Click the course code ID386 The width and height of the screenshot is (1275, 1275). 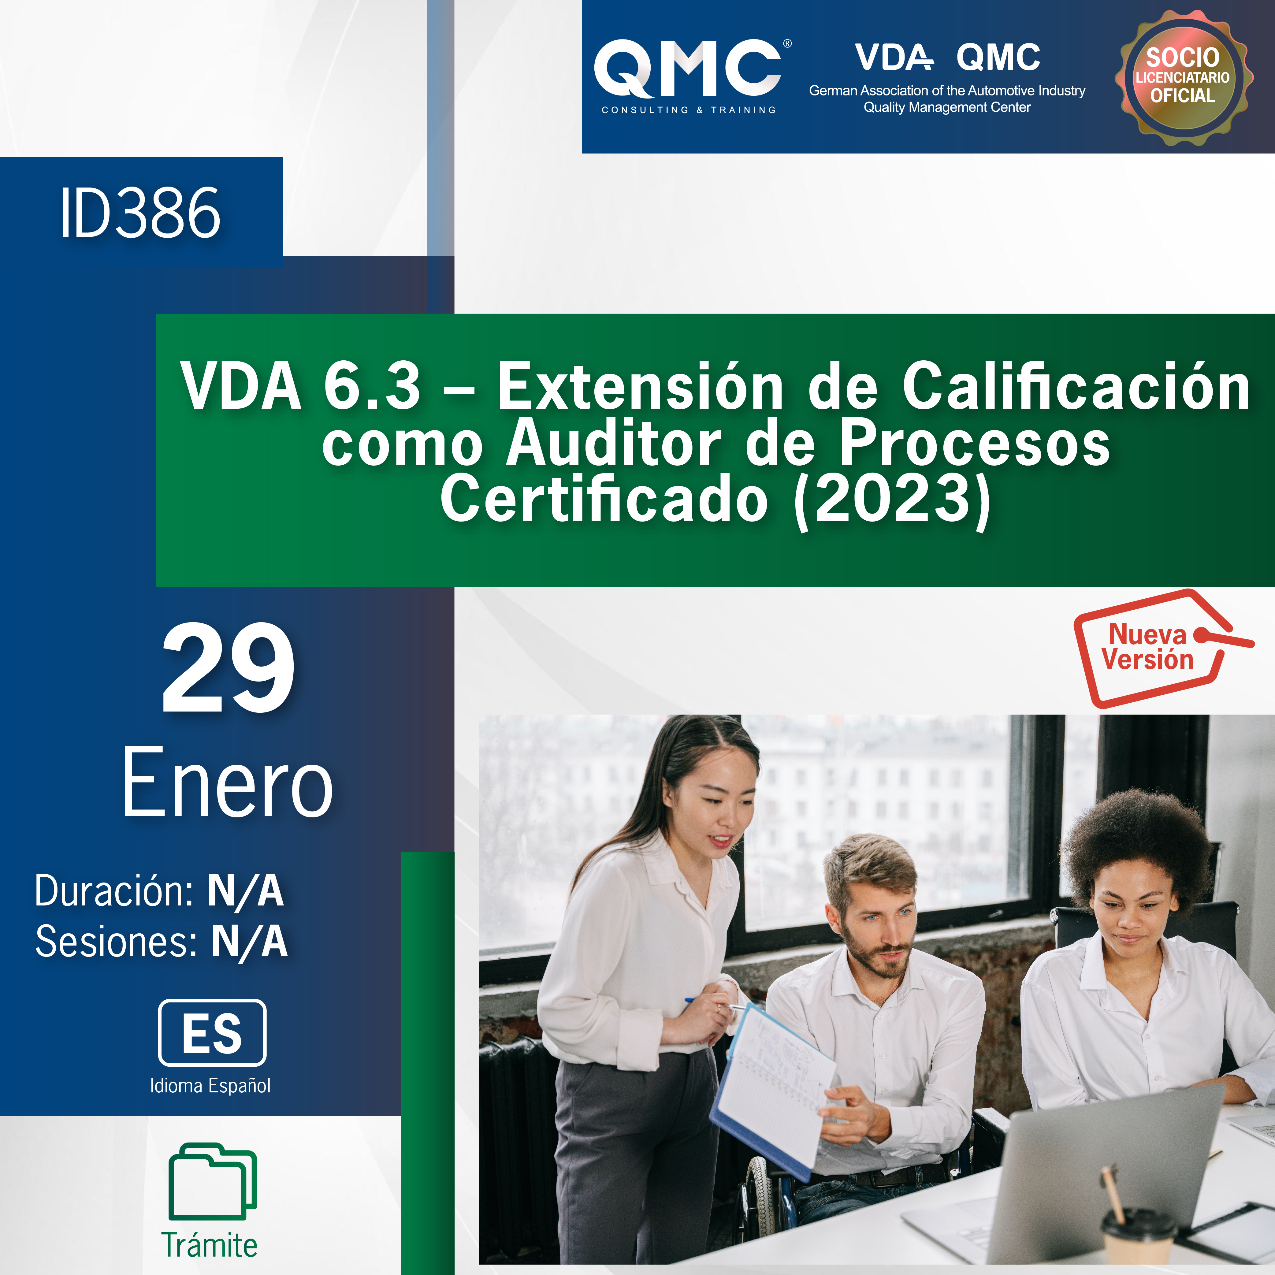pyautogui.click(x=140, y=213)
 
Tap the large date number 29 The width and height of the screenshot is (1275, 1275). pyautogui.click(x=228, y=668)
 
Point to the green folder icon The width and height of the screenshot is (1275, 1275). pyautogui.click(x=213, y=1181)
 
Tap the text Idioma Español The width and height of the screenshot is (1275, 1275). pyautogui.click(x=210, y=1086)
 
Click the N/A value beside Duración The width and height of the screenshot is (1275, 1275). pyautogui.click(x=246, y=891)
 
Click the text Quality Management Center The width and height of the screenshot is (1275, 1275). pyautogui.click(x=947, y=107)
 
